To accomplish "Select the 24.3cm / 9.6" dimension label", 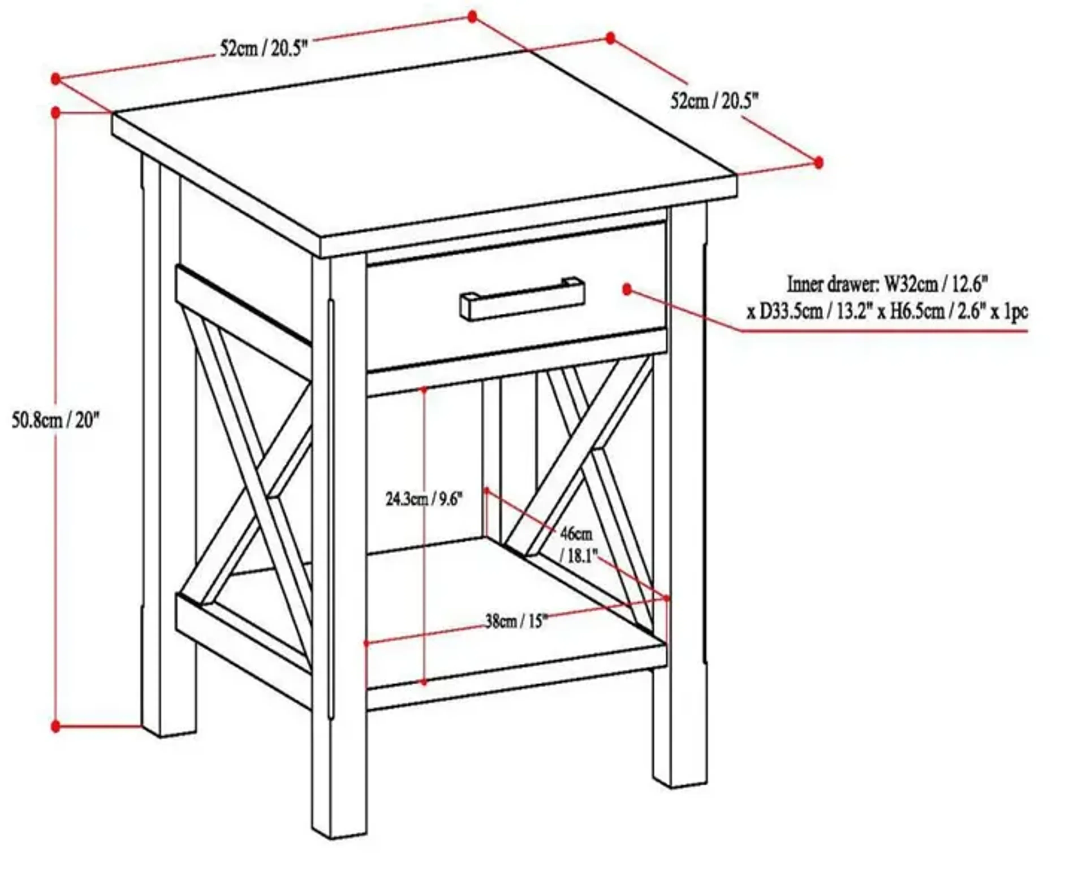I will [x=424, y=498].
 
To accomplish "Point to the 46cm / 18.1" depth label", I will [x=577, y=545].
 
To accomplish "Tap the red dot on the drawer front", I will [x=626, y=289].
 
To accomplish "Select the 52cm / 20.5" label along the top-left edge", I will [x=264, y=49].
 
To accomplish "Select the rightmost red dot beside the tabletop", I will [x=818, y=162].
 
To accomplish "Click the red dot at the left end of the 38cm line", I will [x=367, y=643].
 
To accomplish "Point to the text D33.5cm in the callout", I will [x=792, y=312].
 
